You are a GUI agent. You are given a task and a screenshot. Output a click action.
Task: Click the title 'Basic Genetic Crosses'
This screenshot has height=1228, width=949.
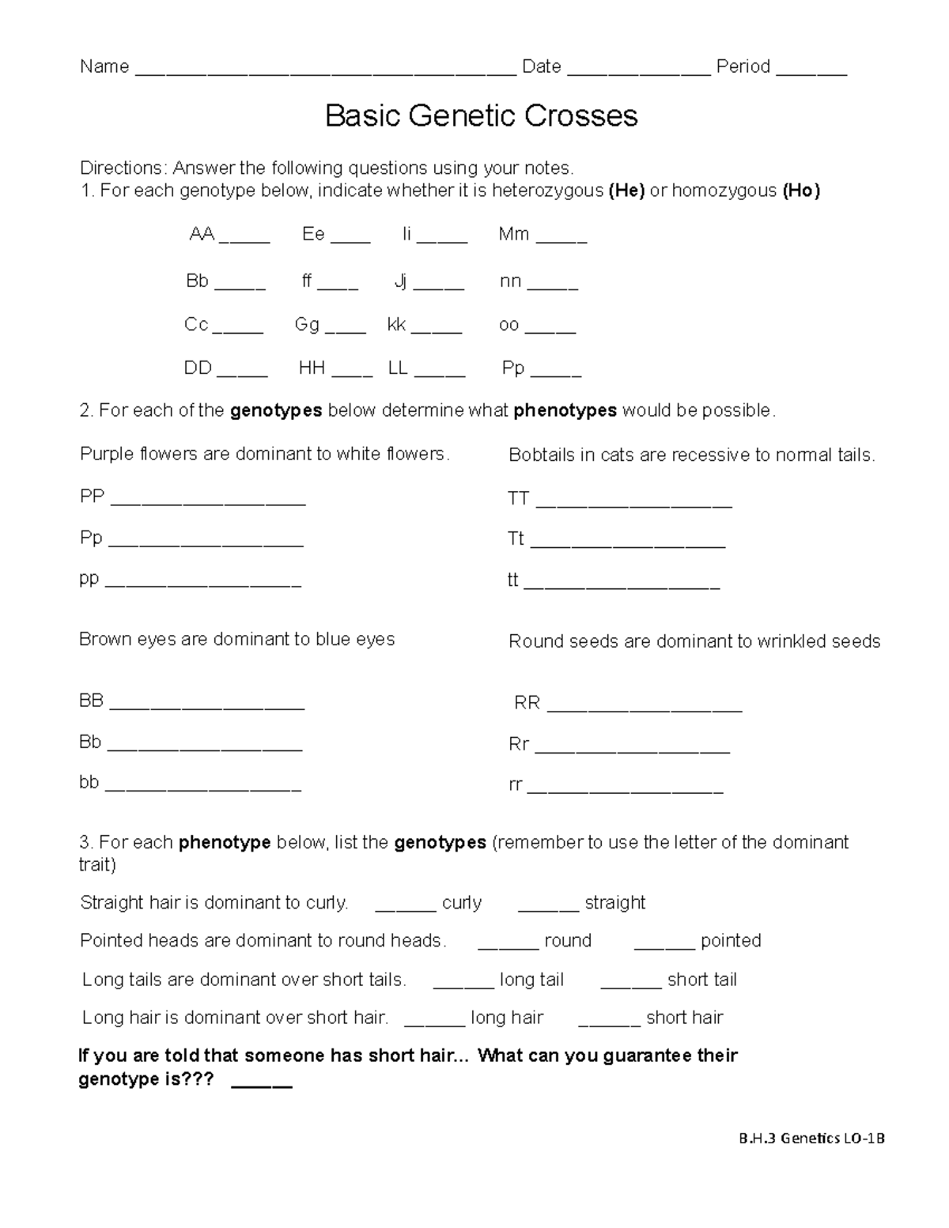481,116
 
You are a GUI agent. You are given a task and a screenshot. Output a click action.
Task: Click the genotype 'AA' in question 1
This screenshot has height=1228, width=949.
202,234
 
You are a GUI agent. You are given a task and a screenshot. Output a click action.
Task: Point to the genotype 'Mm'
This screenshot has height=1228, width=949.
513,234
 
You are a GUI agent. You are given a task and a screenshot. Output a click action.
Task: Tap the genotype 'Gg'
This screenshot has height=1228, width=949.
307,324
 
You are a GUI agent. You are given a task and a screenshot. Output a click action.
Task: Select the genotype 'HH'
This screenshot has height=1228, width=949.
312,368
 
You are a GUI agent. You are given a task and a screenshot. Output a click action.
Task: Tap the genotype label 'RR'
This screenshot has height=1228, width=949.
527,703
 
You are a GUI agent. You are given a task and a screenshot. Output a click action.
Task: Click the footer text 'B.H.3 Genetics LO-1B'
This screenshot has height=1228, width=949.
811,1139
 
